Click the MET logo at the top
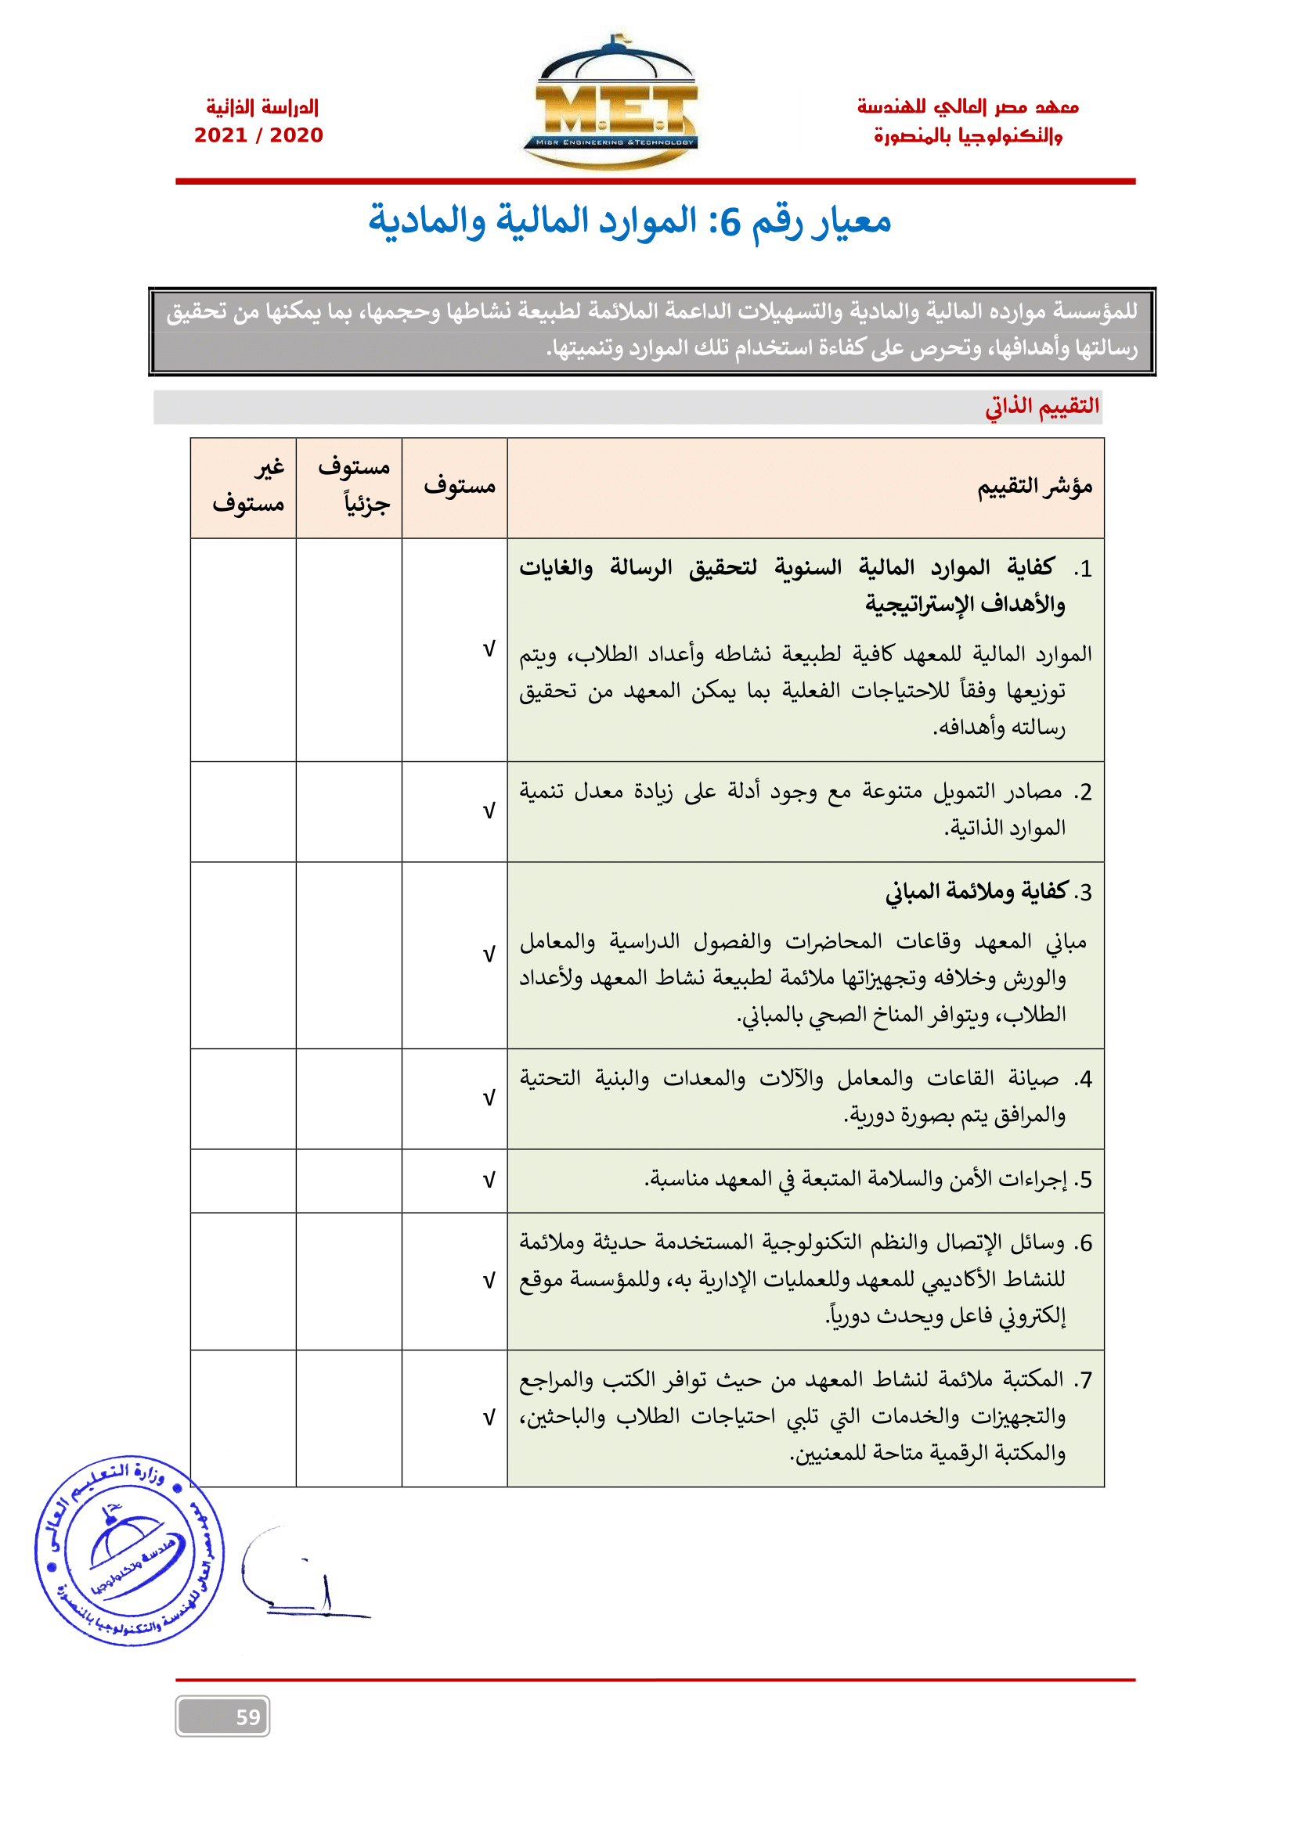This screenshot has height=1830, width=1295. click(x=611, y=103)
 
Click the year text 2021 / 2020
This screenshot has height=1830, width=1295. click(x=258, y=135)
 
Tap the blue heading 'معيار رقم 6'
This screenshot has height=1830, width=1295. click(x=629, y=221)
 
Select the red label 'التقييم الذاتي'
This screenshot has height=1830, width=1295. click(x=1041, y=407)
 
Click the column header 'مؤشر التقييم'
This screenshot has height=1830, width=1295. click(x=1034, y=486)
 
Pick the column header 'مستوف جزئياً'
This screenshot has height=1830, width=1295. click(x=353, y=486)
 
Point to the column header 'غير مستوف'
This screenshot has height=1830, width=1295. click(x=249, y=486)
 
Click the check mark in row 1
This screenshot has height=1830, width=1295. click(x=489, y=649)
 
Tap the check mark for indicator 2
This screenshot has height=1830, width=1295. click(x=489, y=811)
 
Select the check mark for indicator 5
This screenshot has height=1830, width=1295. click(x=489, y=1181)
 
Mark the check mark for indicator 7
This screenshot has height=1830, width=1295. click(x=489, y=1418)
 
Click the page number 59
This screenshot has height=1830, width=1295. click(x=248, y=1717)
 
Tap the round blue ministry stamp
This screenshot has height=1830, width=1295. click(x=129, y=1550)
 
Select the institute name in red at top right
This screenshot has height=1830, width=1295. click(x=967, y=121)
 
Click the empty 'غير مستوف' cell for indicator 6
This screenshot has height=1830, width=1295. click(x=243, y=1281)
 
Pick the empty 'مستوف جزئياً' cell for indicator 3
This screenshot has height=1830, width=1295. click(x=348, y=955)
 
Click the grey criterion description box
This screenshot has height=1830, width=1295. click(x=651, y=331)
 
